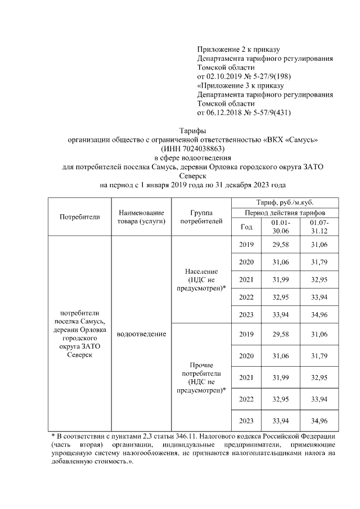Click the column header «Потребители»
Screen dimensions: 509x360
pos(79,217)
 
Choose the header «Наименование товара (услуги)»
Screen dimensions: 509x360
pos(141,217)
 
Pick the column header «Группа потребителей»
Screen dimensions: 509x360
pos(200,217)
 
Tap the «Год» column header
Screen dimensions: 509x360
pos(246,227)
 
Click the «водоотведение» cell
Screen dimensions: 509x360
pos(141,335)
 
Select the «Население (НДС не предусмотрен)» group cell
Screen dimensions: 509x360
pos(200,280)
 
